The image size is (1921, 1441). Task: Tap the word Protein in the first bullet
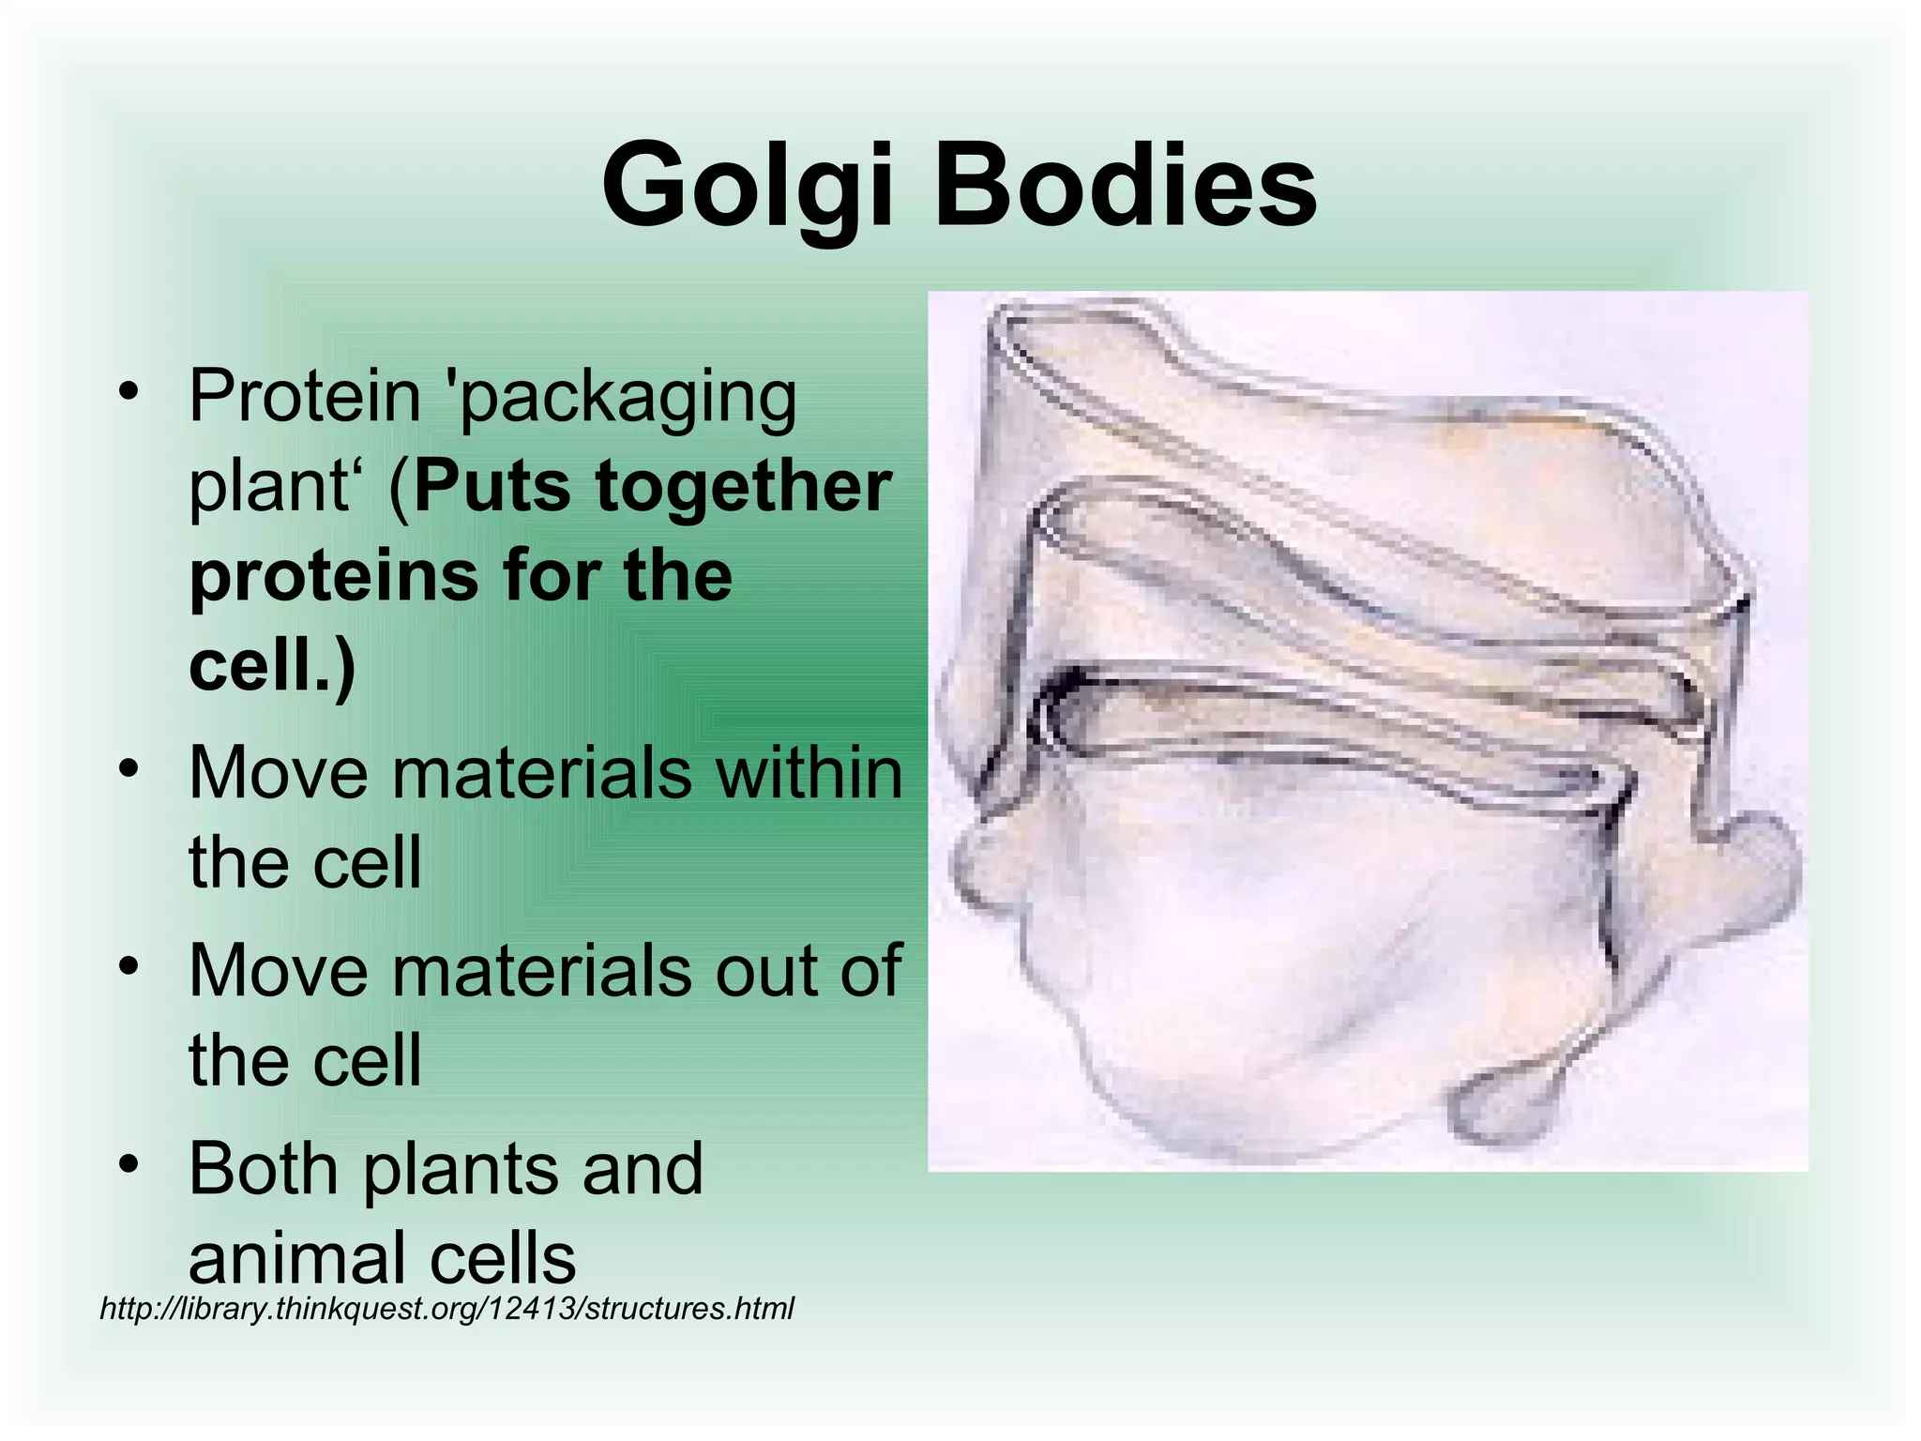click(305, 396)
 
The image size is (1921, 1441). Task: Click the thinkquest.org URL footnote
click(446, 1308)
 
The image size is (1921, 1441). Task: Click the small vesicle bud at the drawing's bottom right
click(1501, 1107)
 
